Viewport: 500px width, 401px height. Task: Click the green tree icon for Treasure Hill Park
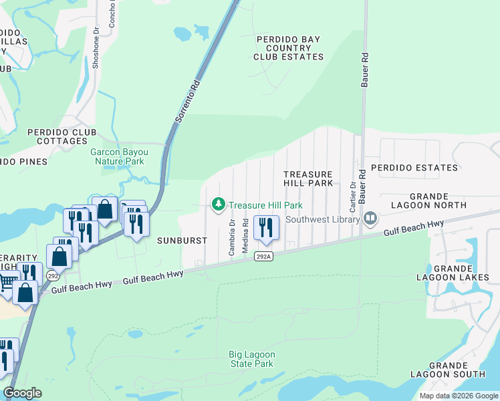[218, 205]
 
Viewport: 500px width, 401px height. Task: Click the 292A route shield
[263, 256]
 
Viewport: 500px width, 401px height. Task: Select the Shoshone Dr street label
[96, 40]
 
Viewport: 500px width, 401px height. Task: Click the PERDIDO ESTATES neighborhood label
[414, 168]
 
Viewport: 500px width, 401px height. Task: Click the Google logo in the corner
[23, 393]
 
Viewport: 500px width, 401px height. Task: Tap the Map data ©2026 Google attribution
[459, 396]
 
